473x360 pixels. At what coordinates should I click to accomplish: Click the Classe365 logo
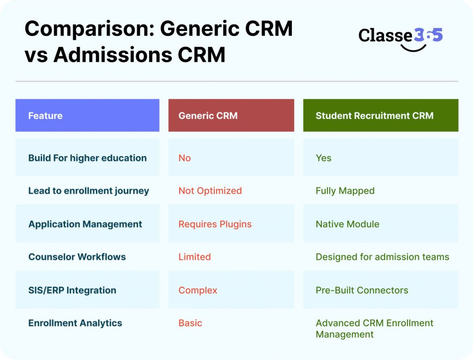(400, 37)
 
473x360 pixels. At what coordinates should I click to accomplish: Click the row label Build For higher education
(87, 158)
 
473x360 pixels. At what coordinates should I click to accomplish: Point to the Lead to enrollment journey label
(89, 191)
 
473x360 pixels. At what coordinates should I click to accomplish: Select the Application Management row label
(85, 224)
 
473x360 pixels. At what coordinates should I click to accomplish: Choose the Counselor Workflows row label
(77, 257)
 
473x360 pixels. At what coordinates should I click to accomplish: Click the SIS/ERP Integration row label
(72, 290)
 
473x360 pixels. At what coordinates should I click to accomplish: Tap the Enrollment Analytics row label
(75, 323)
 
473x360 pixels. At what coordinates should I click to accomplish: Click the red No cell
(184, 158)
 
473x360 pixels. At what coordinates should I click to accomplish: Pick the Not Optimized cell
(210, 191)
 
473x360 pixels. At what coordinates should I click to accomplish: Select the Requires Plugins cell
(215, 224)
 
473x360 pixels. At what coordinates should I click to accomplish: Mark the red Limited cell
(194, 257)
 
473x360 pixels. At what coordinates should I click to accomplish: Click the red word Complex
(198, 290)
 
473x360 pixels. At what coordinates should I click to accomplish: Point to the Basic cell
(190, 323)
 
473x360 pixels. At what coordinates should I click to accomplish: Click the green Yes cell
(323, 158)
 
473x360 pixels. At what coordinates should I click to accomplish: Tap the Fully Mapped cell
(345, 191)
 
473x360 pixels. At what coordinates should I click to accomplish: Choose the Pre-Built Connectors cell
(362, 290)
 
